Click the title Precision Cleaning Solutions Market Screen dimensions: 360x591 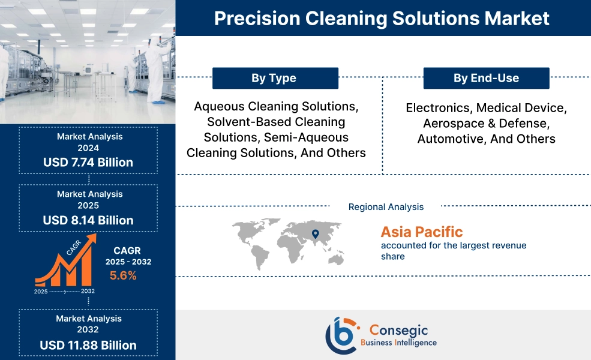[x=382, y=18]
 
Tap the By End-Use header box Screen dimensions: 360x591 [x=486, y=78]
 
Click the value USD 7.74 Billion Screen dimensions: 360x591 [x=88, y=163]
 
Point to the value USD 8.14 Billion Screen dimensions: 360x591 [x=88, y=220]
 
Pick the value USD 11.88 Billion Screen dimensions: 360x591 [x=88, y=345]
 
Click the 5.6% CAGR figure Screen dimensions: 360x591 [x=123, y=276]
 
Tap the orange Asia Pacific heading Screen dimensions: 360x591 [x=422, y=232]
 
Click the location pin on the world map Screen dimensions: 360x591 [x=315, y=232]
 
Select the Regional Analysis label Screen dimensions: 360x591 [x=386, y=207]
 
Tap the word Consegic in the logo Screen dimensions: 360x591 [x=400, y=329]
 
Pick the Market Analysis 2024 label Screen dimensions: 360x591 [x=89, y=142]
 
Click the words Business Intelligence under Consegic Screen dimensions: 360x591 [x=398, y=343]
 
